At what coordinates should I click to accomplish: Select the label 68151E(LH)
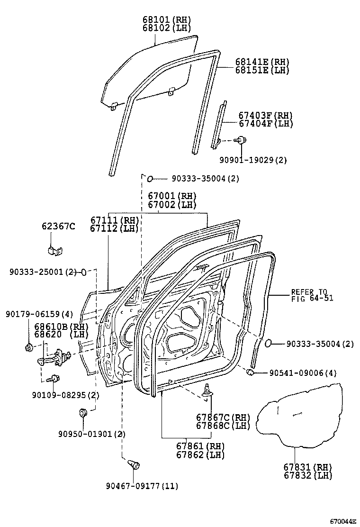point(262,70)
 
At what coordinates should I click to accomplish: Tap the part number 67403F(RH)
point(265,115)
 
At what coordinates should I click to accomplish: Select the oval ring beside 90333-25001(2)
point(84,272)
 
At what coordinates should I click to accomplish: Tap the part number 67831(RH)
point(308,467)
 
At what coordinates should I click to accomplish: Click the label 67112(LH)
point(114,228)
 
